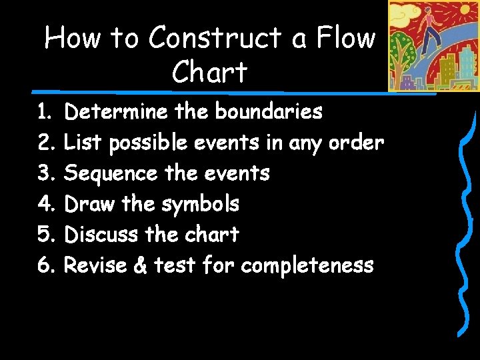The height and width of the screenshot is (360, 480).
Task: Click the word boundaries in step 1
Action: pos(268,111)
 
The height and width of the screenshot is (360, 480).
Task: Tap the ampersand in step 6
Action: pos(141,266)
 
